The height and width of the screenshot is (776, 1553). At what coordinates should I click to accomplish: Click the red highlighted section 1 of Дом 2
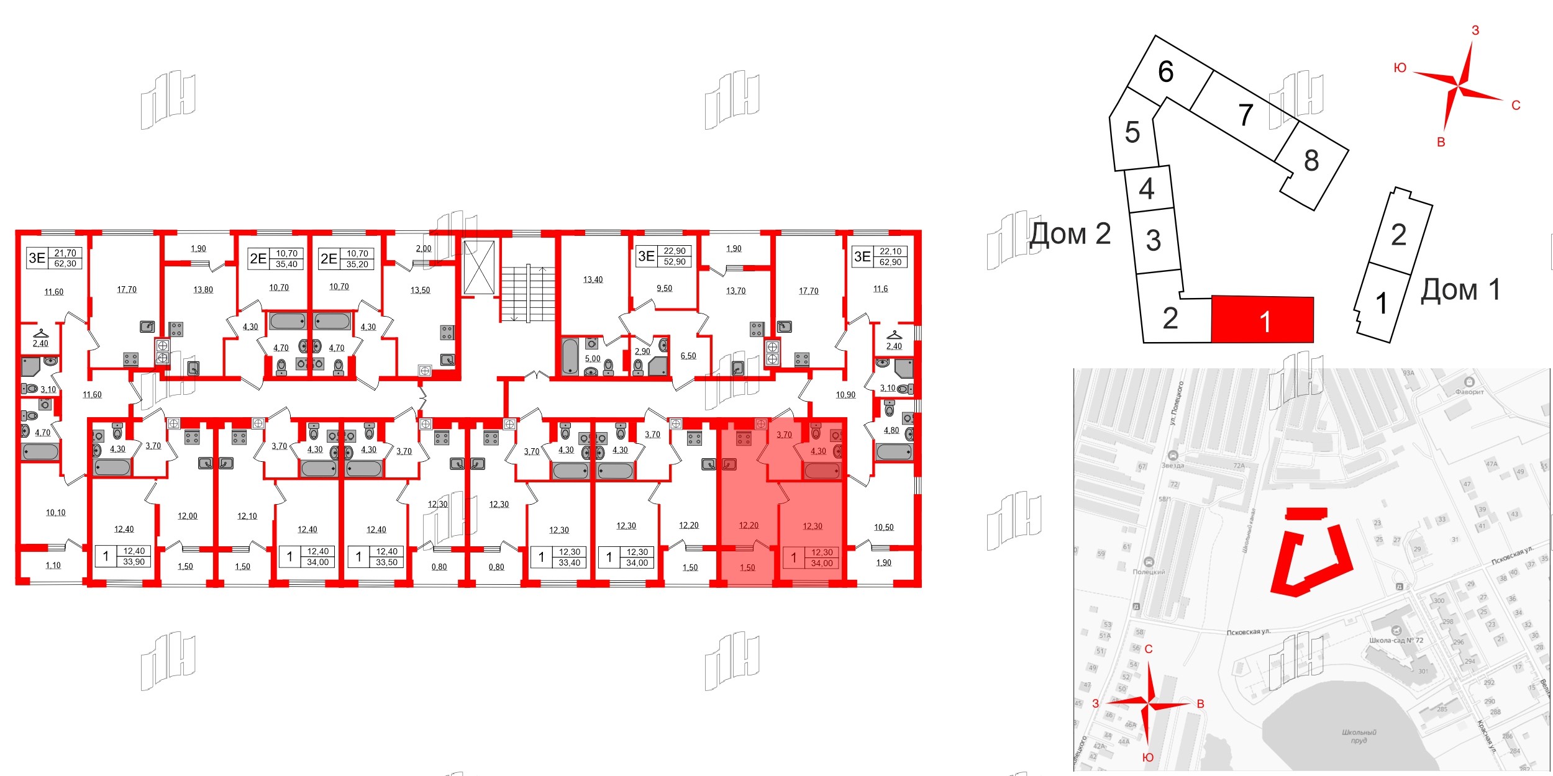point(1262,320)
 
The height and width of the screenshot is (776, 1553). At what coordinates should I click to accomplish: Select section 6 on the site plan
point(1166,72)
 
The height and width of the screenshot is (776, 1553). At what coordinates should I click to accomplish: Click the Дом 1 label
point(1460,290)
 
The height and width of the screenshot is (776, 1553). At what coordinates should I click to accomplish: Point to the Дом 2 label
point(1070,234)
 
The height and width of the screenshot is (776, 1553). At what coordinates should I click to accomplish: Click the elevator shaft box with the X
point(479,268)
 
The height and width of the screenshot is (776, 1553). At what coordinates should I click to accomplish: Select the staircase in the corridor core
point(527,293)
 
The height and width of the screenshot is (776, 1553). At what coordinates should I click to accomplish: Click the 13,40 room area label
point(593,280)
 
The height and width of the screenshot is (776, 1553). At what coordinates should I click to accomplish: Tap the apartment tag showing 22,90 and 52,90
point(664,256)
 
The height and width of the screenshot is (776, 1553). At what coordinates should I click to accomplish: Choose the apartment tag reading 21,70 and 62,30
point(54,258)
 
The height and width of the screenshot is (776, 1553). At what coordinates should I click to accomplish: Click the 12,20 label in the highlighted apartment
point(749,526)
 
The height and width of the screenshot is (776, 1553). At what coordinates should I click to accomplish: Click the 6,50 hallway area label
point(688,356)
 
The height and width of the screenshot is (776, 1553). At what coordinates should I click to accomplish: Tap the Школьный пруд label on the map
point(1359,736)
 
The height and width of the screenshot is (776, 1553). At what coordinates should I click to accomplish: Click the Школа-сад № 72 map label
point(1396,640)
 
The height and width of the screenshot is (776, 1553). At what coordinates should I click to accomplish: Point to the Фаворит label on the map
point(1469,392)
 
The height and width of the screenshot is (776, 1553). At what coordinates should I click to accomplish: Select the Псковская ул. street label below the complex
point(1248,632)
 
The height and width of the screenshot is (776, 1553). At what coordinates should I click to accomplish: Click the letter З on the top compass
point(1475,30)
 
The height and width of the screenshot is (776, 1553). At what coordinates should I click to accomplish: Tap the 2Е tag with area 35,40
point(276,259)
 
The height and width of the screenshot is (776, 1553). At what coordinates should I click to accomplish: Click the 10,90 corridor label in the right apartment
point(845,395)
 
